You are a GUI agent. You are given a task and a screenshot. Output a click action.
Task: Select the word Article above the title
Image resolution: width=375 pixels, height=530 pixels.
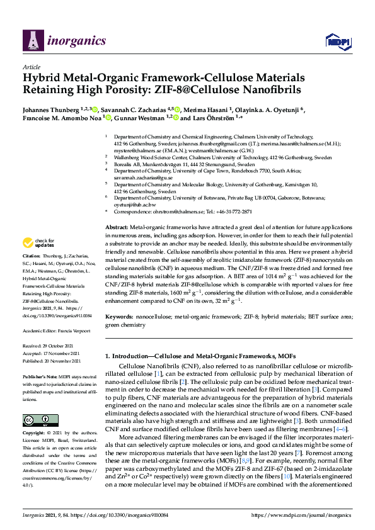[31, 67]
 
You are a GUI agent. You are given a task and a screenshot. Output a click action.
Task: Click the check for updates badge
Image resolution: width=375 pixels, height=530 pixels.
[39, 242]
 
